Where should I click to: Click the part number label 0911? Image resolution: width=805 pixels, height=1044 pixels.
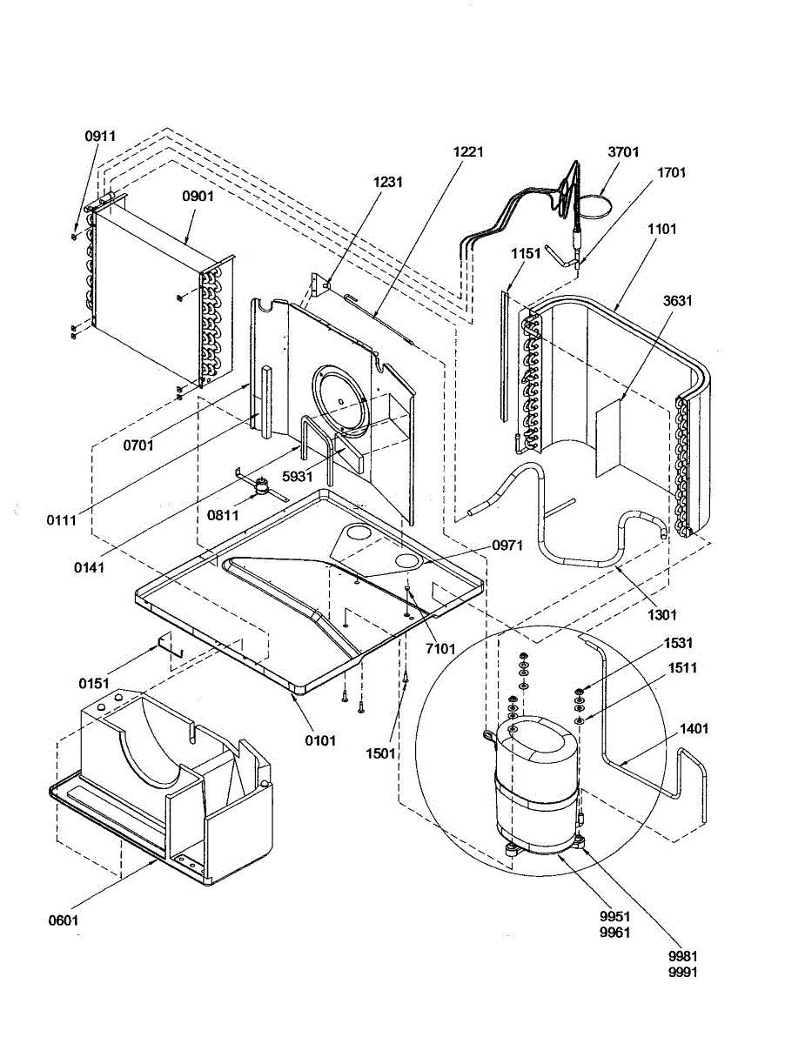point(100,137)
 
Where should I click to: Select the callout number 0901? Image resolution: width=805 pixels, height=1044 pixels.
point(198,197)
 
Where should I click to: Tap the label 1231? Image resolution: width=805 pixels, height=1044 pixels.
point(388,183)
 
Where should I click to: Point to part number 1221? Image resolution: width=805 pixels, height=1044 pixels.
point(468,151)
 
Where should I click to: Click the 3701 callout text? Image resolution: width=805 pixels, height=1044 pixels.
point(623,152)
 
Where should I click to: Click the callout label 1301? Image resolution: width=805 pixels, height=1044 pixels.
point(661,615)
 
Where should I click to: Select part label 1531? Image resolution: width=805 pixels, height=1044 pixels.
point(678,643)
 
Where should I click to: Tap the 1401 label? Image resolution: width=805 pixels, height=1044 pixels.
point(694,729)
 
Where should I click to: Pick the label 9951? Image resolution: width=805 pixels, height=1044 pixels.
point(614,916)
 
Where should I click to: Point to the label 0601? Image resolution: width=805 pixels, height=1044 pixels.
point(67,919)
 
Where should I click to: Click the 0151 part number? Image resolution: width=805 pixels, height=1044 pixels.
point(94,684)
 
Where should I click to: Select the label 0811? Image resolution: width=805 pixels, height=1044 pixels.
point(223,516)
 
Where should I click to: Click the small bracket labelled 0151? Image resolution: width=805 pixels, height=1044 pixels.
point(166,645)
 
